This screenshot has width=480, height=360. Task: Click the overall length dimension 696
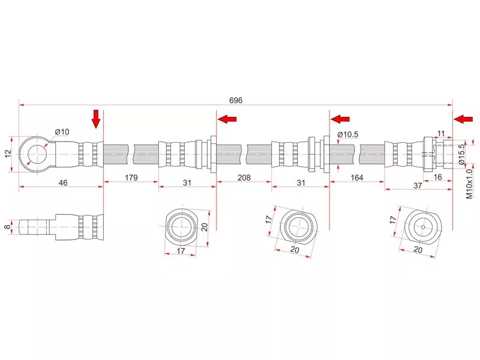(x=236, y=100)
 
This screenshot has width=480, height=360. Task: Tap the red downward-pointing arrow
(x=96, y=119)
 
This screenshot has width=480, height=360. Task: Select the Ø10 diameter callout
(x=62, y=132)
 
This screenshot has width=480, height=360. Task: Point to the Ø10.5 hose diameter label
(x=348, y=134)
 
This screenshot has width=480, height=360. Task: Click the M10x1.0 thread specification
(x=469, y=184)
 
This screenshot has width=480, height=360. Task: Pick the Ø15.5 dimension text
(x=461, y=154)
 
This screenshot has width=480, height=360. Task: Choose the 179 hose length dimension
(x=131, y=178)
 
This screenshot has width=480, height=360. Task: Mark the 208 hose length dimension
(x=244, y=178)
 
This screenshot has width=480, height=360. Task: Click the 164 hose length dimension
(x=356, y=178)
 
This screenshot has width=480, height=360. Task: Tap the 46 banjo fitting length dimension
(x=63, y=183)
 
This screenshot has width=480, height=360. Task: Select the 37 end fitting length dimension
(x=418, y=185)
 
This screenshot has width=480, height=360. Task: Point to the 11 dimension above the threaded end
(x=441, y=134)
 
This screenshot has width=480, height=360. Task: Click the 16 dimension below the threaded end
(x=438, y=177)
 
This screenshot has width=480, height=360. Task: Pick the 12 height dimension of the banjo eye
(x=8, y=154)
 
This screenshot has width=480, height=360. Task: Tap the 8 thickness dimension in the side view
(x=7, y=227)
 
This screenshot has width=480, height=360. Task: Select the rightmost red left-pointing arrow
(x=463, y=119)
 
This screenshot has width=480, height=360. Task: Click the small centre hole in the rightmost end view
(x=423, y=227)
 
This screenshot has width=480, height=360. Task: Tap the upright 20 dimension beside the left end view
(x=205, y=227)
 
